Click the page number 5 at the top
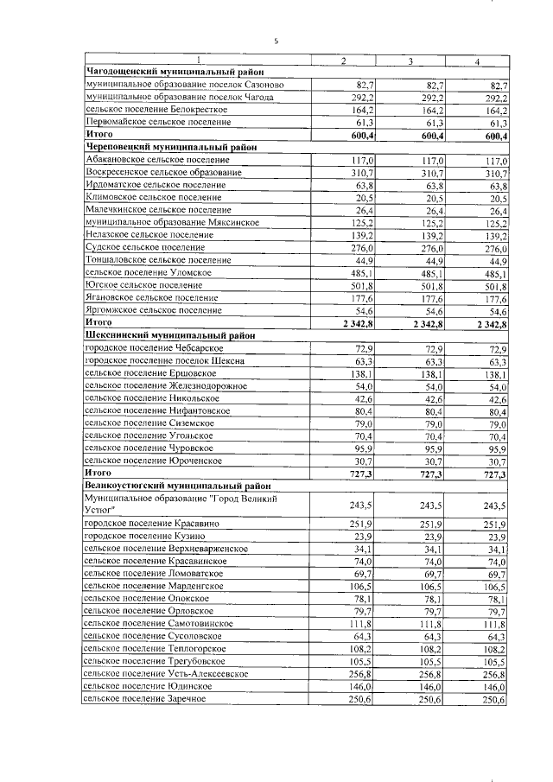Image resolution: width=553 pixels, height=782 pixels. [x=276, y=41]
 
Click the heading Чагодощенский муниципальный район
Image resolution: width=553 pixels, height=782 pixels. [x=173, y=73]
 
